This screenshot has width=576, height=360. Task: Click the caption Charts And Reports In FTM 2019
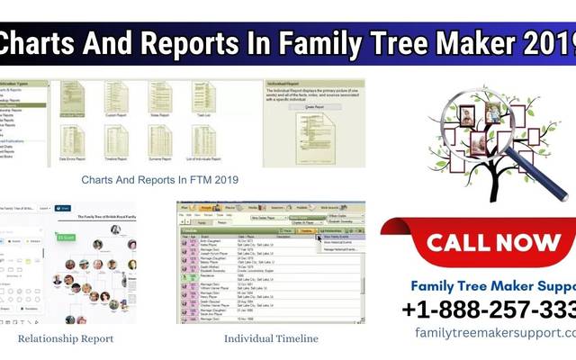159,180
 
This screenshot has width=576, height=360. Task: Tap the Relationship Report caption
66,338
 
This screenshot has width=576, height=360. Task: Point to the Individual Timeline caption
271,338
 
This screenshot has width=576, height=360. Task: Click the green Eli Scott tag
67,238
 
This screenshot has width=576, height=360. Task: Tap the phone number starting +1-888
490,310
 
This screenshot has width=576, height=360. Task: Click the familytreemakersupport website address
495,332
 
